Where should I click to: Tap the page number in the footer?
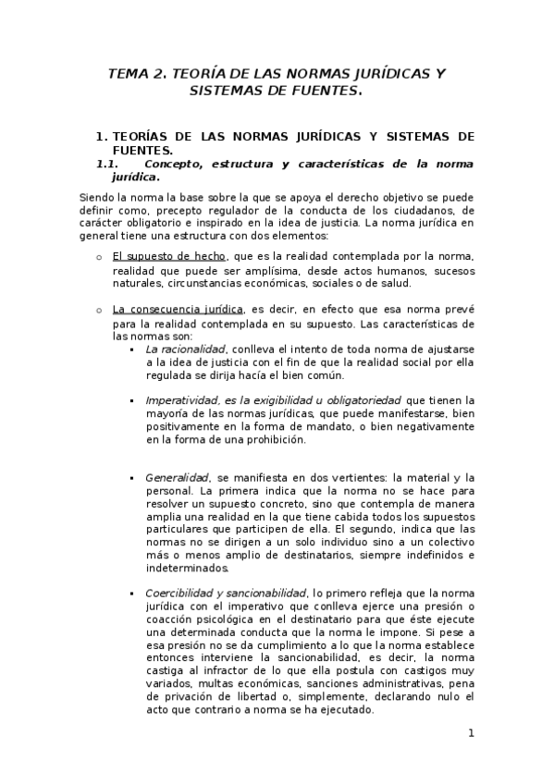click(x=471, y=733)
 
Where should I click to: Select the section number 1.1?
click(x=111, y=164)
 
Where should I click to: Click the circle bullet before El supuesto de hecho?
click(x=99, y=257)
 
